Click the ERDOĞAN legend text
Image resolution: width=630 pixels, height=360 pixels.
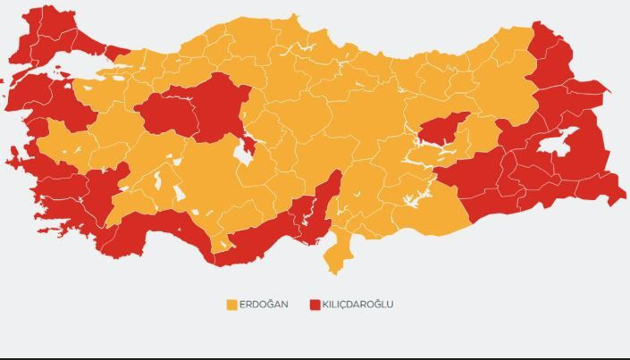[264, 305]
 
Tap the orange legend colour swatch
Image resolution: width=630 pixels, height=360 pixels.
[231, 305]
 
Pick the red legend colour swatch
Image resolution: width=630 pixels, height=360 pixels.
[315, 305]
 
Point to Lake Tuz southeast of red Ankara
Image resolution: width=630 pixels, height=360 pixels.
[240, 153]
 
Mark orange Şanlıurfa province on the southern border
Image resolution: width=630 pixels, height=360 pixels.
[429, 211]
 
